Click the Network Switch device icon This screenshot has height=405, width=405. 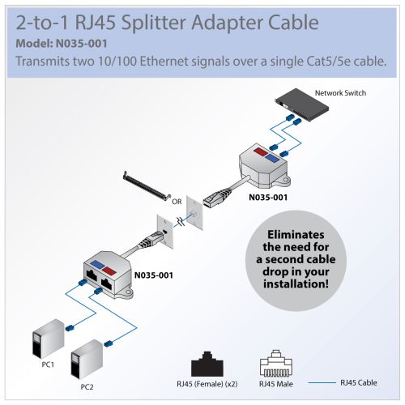(302, 104)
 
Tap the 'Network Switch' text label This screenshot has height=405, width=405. (340, 93)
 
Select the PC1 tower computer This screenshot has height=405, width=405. (48, 339)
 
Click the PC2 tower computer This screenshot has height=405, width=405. (87, 360)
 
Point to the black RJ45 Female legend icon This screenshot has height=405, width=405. (207, 364)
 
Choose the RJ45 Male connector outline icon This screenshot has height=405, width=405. (276, 363)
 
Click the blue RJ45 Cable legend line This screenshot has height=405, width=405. (322, 382)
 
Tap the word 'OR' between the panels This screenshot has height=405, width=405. (177, 202)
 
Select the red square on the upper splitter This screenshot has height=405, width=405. (261, 151)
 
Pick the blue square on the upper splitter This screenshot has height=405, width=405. (273, 159)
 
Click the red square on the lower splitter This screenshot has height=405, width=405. (109, 271)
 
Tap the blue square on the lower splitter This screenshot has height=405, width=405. (97, 265)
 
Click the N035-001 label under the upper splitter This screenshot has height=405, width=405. (268, 198)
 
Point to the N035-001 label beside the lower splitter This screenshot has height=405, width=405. (154, 275)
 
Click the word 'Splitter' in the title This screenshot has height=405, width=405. (154, 23)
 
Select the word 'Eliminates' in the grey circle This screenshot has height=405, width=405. (296, 235)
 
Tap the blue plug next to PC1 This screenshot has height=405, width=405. (70, 328)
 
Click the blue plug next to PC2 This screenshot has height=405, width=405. (109, 343)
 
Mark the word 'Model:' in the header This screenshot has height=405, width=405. (34, 44)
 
